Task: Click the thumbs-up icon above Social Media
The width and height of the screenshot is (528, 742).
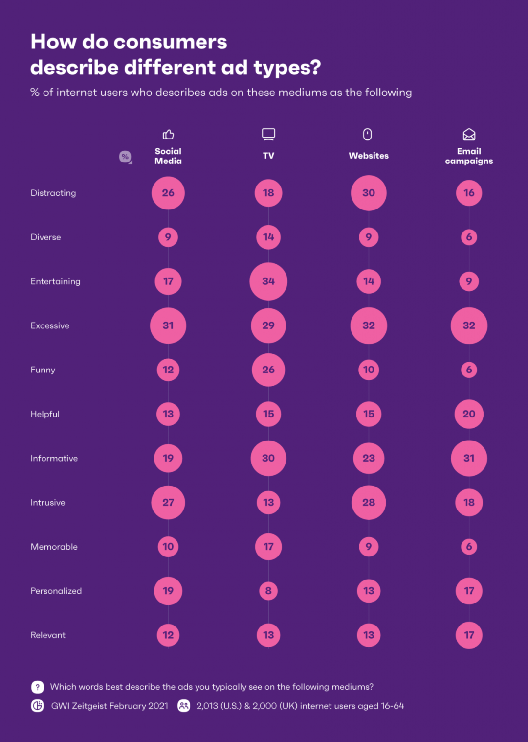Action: tap(168, 134)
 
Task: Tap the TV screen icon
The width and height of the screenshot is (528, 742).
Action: tap(268, 134)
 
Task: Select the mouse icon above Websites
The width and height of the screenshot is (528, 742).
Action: tap(368, 134)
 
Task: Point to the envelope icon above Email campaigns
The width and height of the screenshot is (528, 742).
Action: tap(469, 134)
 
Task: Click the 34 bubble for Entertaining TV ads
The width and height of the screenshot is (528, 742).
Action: tap(268, 281)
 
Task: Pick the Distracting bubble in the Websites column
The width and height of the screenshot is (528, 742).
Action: tap(369, 193)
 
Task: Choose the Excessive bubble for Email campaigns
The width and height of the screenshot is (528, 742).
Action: tap(469, 325)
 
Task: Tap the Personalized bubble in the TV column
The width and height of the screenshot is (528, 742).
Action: tap(268, 591)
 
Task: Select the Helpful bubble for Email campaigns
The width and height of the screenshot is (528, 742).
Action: tap(469, 414)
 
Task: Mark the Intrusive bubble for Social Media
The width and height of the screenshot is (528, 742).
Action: tap(168, 503)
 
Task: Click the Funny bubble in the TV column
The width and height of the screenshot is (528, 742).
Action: tap(268, 370)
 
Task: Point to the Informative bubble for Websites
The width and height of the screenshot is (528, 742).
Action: tap(369, 458)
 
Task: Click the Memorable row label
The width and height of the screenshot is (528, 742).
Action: tap(54, 547)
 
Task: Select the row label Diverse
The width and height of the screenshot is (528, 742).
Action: tap(46, 237)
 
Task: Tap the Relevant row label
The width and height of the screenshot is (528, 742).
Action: tap(48, 635)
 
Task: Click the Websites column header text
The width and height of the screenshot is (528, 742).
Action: tap(369, 156)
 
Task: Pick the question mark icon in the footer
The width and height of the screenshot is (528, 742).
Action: tap(38, 687)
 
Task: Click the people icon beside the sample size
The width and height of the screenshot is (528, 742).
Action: tap(184, 706)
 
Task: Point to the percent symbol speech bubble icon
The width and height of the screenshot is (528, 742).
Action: tap(125, 157)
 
